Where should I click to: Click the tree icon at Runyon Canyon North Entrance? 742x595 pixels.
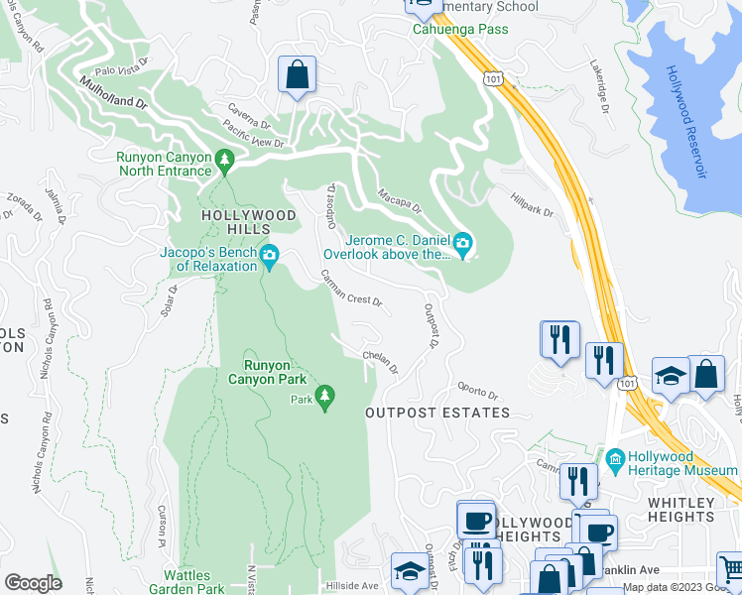pyautogui.click(x=225, y=158)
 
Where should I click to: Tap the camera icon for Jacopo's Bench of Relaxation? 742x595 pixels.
pyautogui.click(x=270, y=257)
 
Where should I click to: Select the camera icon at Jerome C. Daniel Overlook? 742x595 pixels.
pyautogui.click(x=462, y=243)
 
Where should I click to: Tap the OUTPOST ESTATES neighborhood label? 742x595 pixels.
pyautogui.click(x=437, y=413)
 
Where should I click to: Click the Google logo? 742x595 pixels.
pyautogui.click(x=33, y=583)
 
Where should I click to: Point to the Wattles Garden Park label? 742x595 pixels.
pyautogui.click(x=200, y=582)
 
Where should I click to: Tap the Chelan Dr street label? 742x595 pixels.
pyautogui.click(x=381, y=363)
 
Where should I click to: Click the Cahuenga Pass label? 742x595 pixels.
pyautogui.click(x=460, y=29)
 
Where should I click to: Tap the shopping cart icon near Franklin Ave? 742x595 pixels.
pyautogui.click(x=731, y=569)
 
